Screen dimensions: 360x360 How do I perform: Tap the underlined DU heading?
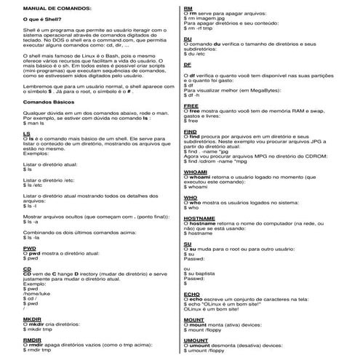(188, 39)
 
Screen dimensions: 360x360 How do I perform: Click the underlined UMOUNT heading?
(196, 339)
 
